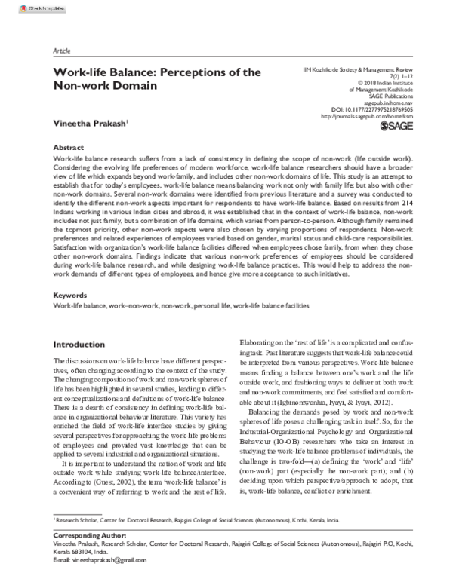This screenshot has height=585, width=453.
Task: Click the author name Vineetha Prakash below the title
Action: click(85, 121)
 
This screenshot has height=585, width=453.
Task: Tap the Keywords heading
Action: click(70, 298)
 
